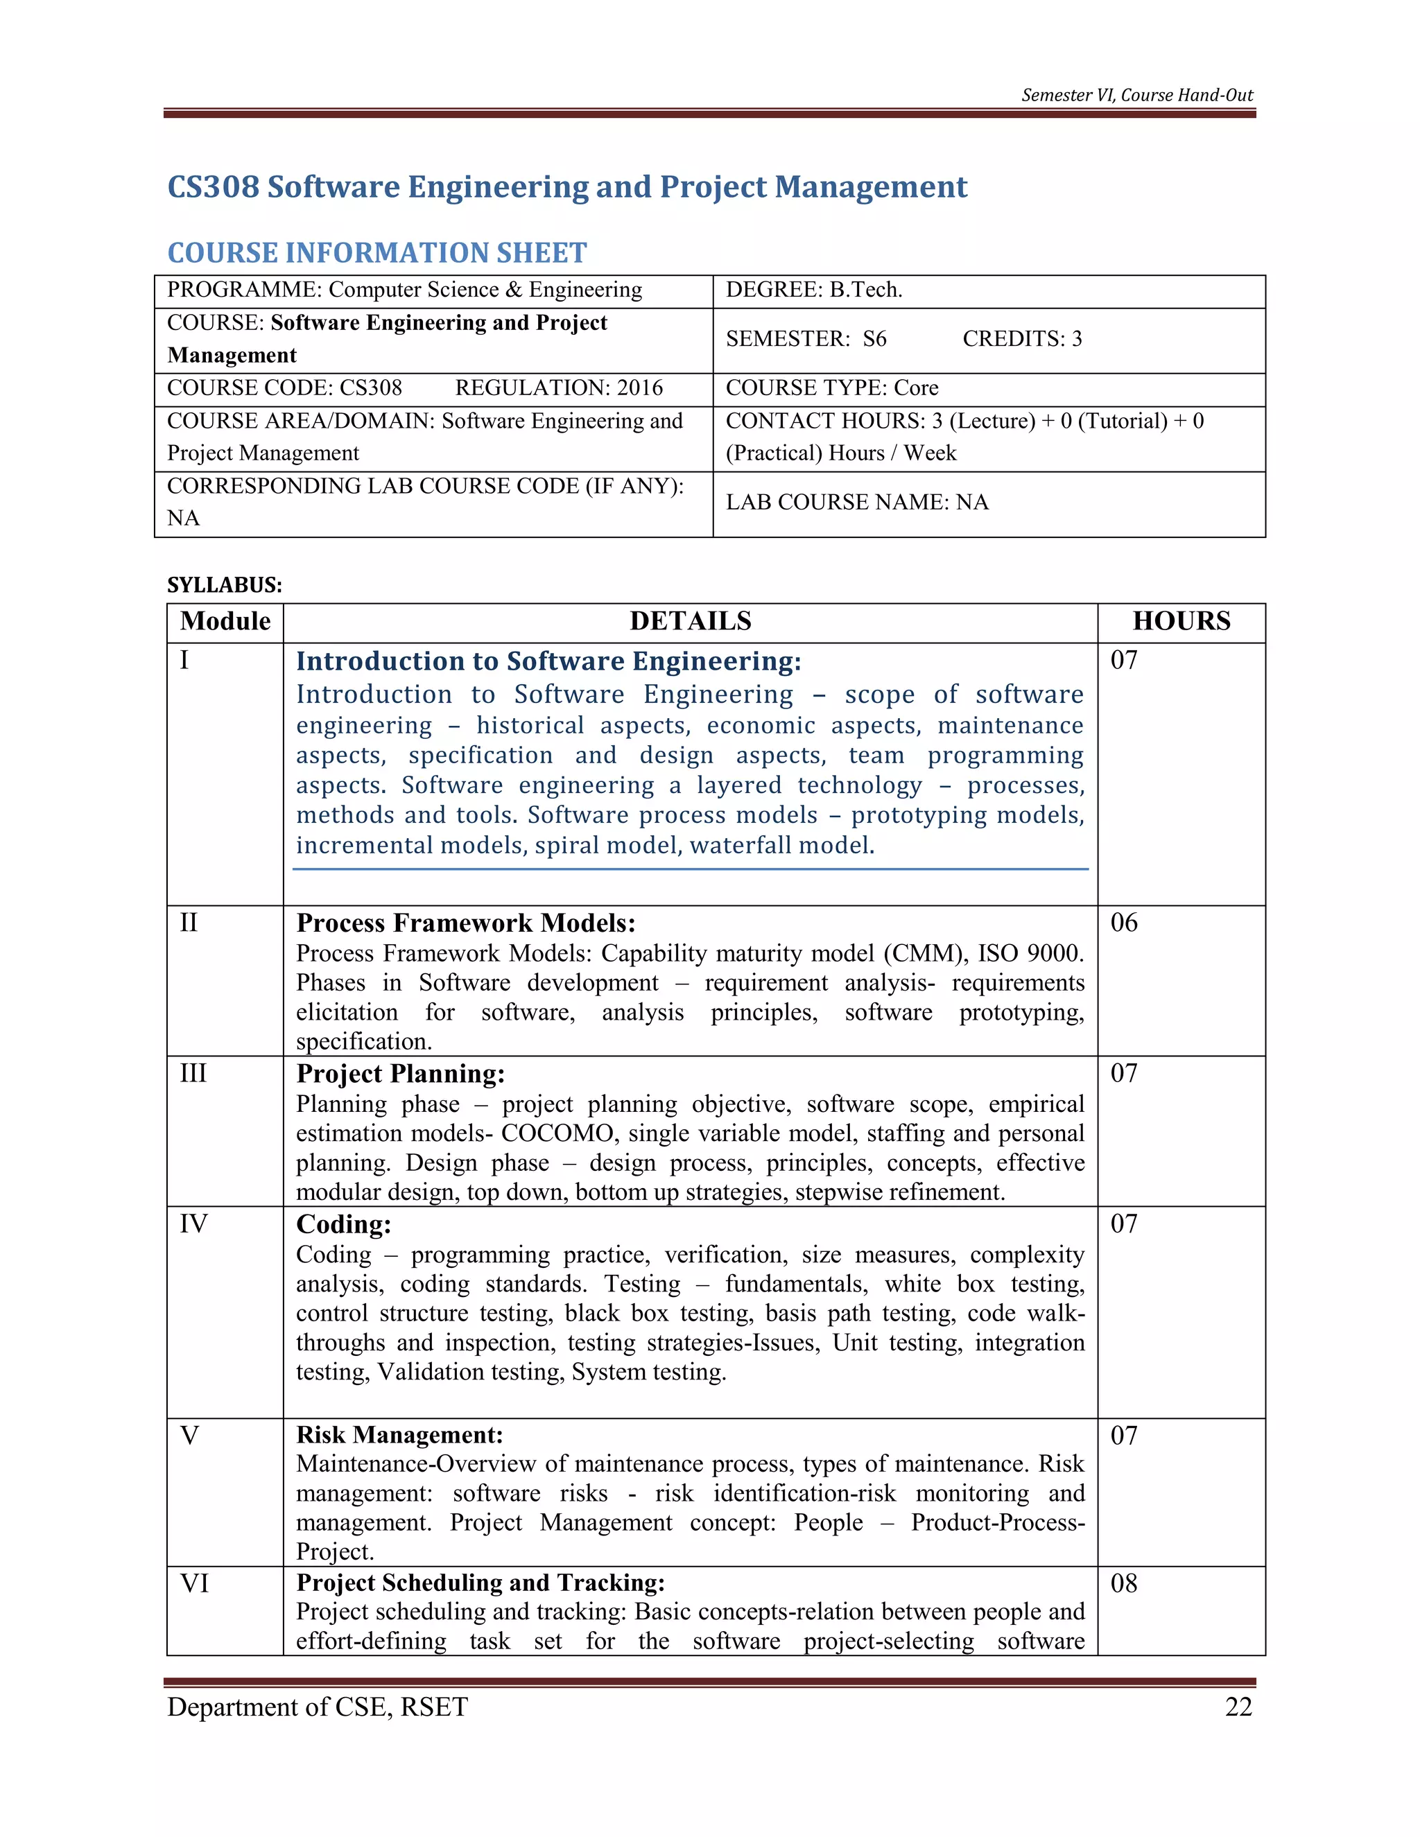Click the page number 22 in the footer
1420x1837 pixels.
click(x=1238, y=1707)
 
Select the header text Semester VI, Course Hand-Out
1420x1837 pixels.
click(x=1136, y=95)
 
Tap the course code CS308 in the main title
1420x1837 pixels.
click(x=213, y=186)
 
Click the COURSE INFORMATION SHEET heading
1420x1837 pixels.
click(x=377, y=252)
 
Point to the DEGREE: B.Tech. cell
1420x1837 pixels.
click(x=813, y=290)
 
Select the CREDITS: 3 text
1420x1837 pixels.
click(x=1022, y=339)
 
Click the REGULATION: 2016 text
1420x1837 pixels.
click(x=559, y=388)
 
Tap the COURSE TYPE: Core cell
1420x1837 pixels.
click(x=832, y=388)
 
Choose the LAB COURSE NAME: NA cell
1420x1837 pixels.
click(x=856, y=502)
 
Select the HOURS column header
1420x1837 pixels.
click(x=1181, y=622)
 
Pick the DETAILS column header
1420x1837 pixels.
click(x=690, y=622)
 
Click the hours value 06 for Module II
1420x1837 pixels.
click(x=1124, y=923)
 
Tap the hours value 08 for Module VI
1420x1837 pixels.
click(x=1124, y=1584)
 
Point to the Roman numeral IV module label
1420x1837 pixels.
click(x=193, y=1224)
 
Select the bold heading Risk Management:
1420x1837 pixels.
click(x=399, y=1435)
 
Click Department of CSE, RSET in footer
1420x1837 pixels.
click(x=317, y=1707)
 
